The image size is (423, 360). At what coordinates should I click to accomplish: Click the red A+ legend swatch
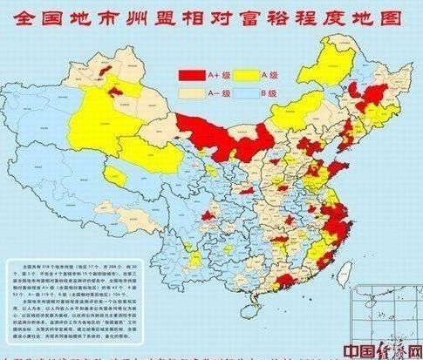tap(192, 74)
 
